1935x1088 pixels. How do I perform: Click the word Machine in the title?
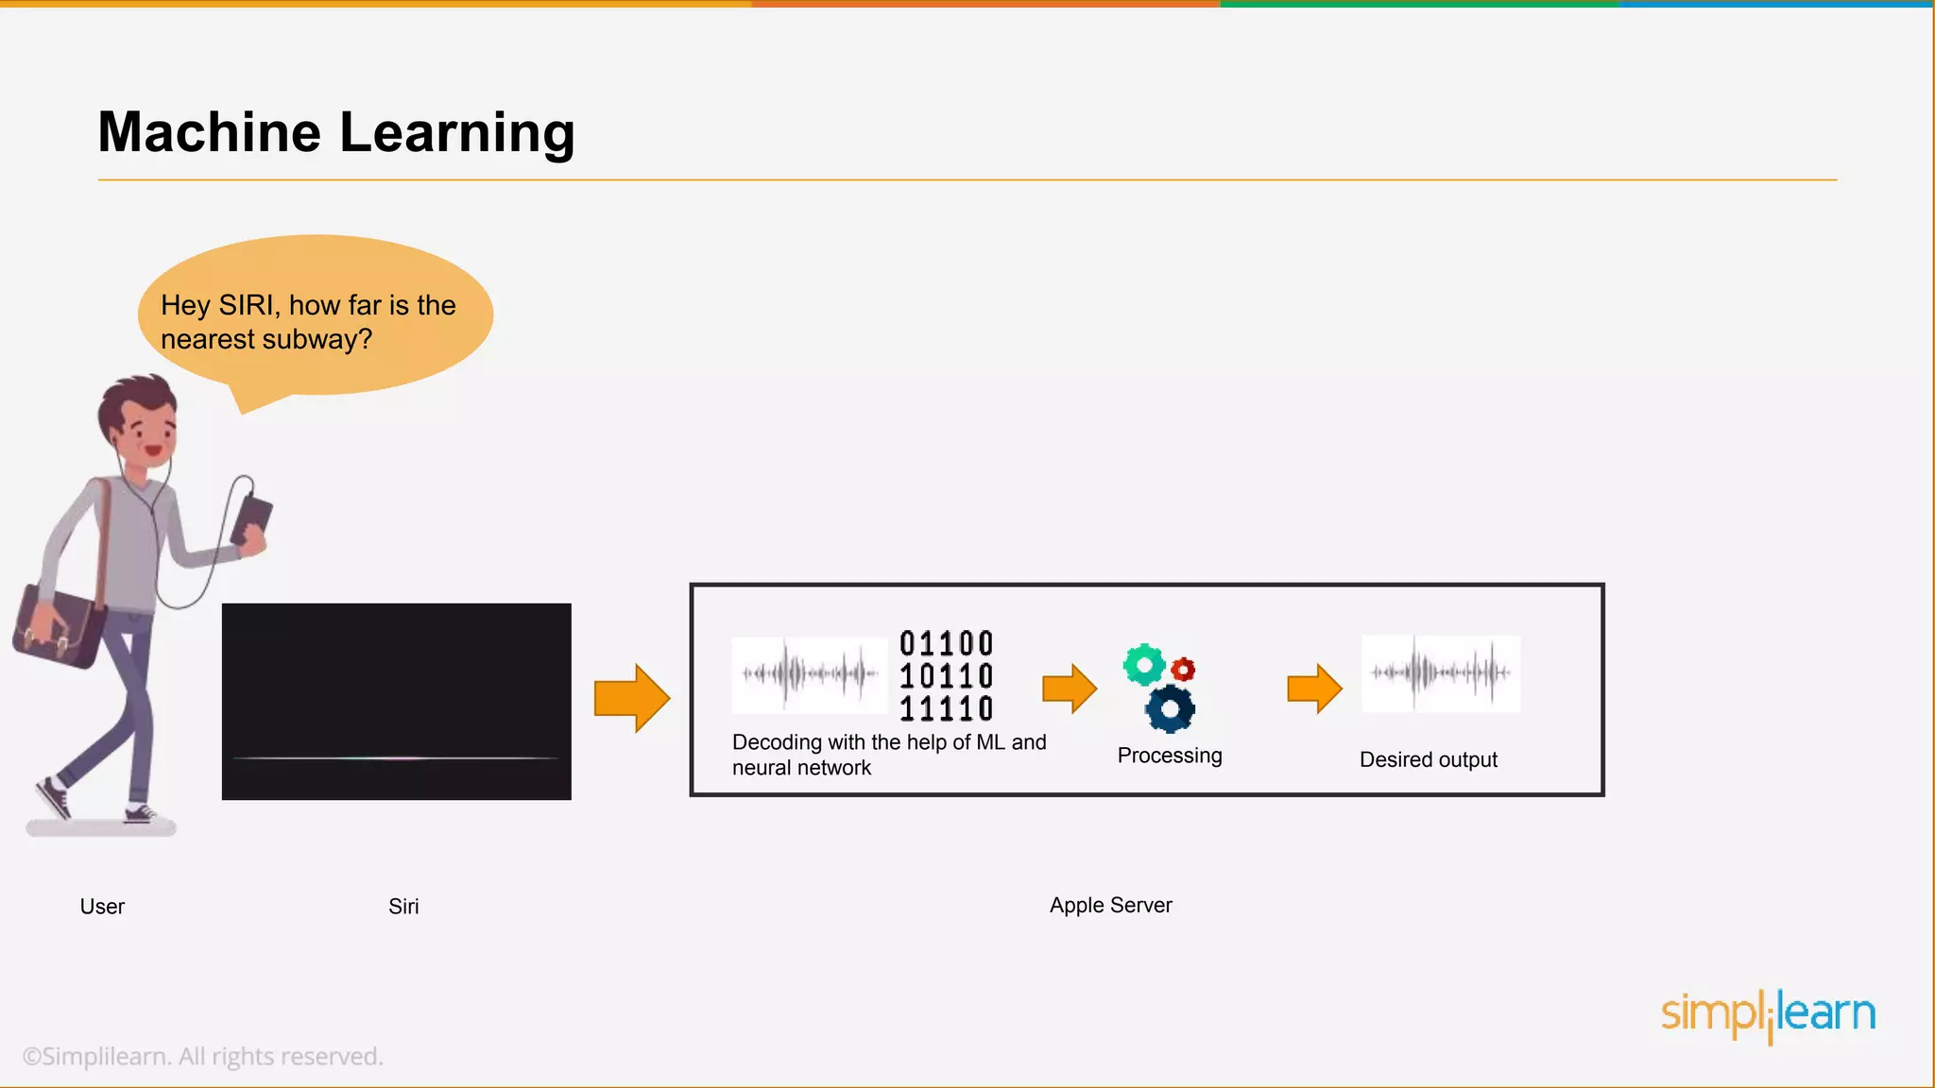pyautogui.click(x=209, y=132)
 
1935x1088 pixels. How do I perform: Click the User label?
pyautogui.click(x=102, y=907)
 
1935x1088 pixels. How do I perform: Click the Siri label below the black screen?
pyautogui.click(x=403, y=907)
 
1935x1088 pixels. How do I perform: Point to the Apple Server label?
pyautogui.click(x=1110, y=905)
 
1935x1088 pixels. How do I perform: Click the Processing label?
pyautogui.click(x=1170, y=756)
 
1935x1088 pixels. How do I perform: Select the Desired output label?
pyautogui.click(x=1428, y=759)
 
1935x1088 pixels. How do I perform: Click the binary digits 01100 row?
pyautogui.click(x=946, y=644)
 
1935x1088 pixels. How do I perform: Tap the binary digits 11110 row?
pyautogui.click(x=946, y=708)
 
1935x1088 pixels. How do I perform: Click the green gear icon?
pyautogui.click(x=1144, y=665)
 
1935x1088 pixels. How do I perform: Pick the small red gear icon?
pyautogui.click(x=1183, y=670)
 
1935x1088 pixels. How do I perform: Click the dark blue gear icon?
pyautogui.click(x=1171, y=709)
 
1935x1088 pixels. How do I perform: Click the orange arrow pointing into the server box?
pyautogui.click(x=631, y=699)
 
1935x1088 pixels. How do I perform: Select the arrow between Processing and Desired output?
pyautogui.click(x=1314, y=688)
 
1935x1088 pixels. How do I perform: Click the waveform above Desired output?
pyautogui.click(x=1441, y=673)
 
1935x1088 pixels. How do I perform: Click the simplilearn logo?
pyautogui.click(x=1768, y=1014)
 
